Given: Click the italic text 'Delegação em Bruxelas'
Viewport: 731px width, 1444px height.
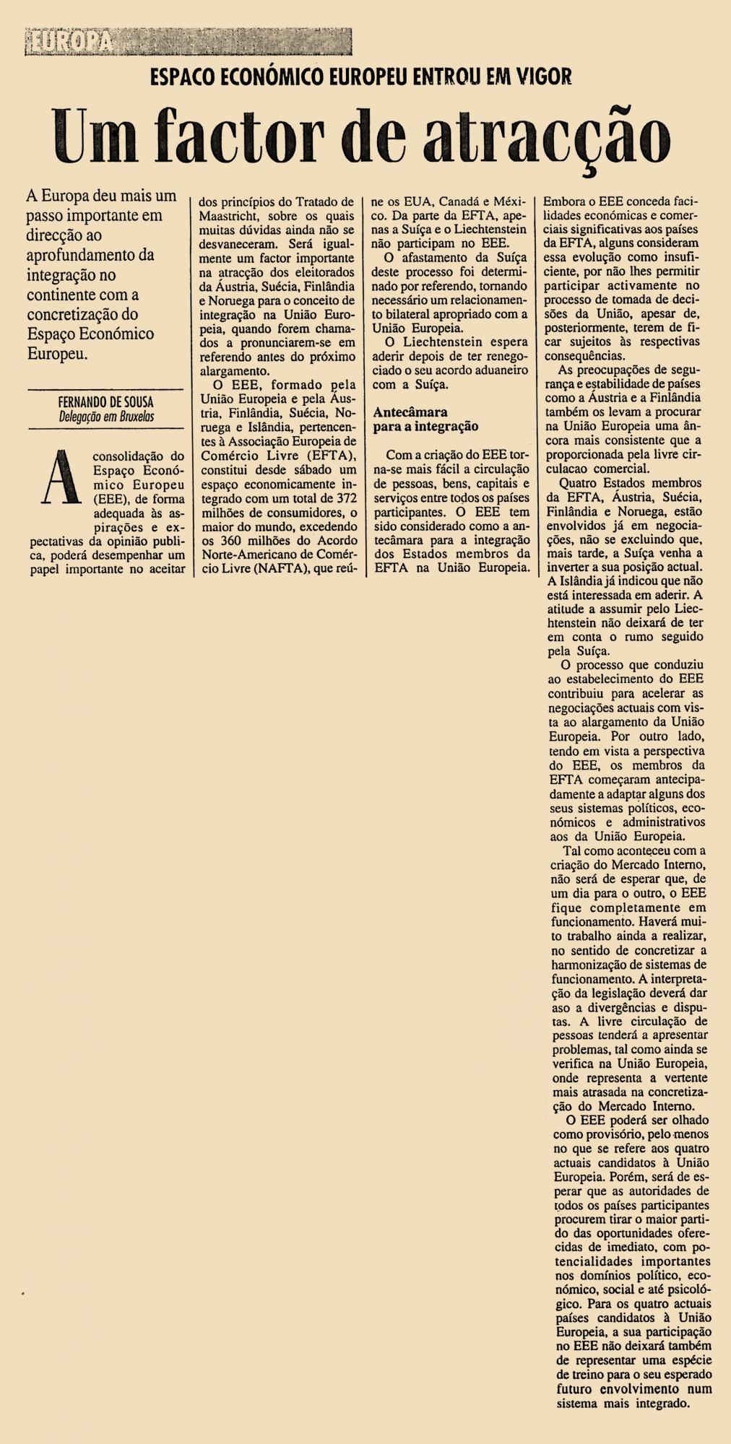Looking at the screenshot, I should (106, 416).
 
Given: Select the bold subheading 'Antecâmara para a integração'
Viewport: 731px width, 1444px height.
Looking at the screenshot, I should (425, 419).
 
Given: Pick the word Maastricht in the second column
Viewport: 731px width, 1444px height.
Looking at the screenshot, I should (230, 216).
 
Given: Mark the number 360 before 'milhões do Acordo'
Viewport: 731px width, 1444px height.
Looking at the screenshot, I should (227, 540).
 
